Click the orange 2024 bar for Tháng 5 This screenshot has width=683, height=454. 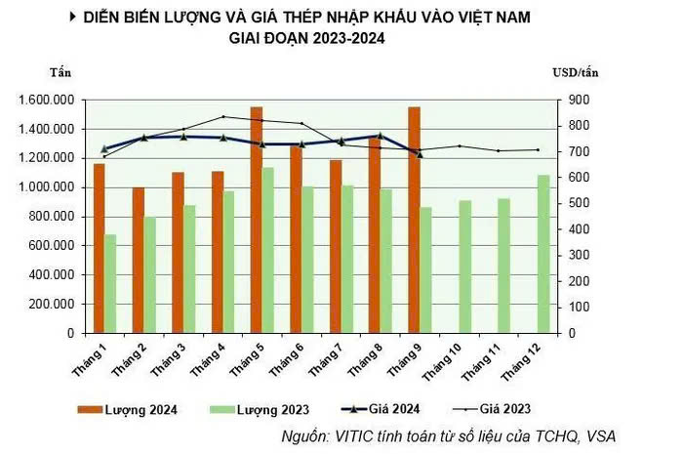click(257, 220)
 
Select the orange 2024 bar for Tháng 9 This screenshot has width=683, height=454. click(415, 220)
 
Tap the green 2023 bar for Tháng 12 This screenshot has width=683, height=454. click(543, 254)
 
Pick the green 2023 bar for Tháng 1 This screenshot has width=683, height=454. click(110, 284)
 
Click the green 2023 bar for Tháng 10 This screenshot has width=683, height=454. click(465, 267)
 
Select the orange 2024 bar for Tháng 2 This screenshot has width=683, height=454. click(139, 260)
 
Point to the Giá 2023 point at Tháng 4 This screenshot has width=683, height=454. click(223, 116)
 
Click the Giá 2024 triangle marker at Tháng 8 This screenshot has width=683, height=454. click(380, 136)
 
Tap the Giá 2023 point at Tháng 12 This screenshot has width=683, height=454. click(538, 150)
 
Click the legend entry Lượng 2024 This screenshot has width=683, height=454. click(127, 409)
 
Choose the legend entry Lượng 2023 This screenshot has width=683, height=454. click(260, 409)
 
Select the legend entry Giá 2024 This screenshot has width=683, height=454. click(381, 409)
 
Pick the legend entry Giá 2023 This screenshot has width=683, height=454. click(492, 409)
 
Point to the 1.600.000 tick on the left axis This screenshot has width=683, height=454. click(47, 101)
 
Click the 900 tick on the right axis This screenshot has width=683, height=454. click(578, 101)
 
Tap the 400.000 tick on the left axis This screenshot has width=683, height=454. click(52, 275)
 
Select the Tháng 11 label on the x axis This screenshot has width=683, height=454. click(480, 361)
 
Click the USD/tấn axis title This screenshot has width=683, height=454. click(576, 72)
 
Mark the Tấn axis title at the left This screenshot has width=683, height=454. click(60, 72)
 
